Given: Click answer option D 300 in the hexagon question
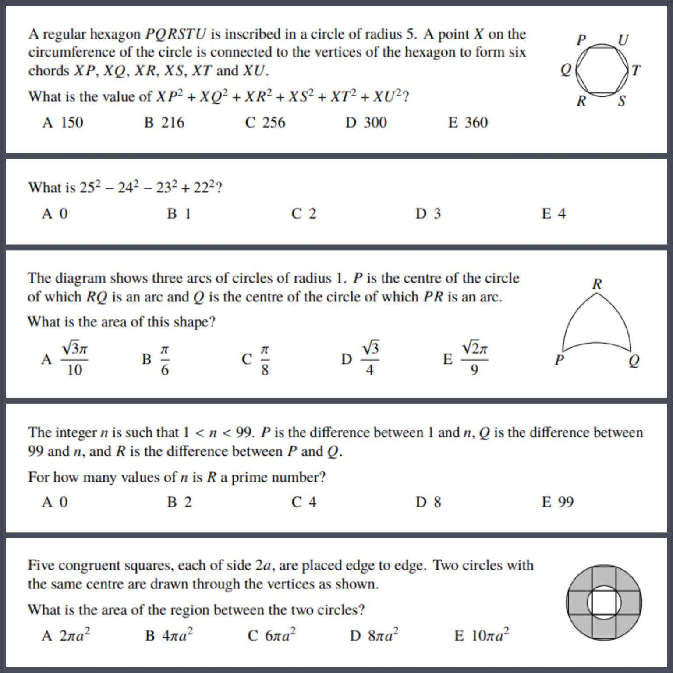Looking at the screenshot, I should pyautogui.click(x=366, y=123).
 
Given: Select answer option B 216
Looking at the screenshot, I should pyautogui.click(x=164, y=123).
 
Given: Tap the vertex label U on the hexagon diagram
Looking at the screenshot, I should pyautogui.click(x=623, y=40).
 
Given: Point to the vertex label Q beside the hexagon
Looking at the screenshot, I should pyautogui.click(x=566, y=70).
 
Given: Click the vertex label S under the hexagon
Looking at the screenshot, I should pyautogui.click(x=622, y=101).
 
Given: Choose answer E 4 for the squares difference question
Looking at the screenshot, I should pyautogui.click(x=554, y=214).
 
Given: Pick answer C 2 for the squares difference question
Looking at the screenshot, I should pyautogui.click(x=304, y=214).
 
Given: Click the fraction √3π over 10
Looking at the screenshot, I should pyautogui.click(x=74, y=359).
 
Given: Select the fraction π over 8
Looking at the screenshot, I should pyautogui.click(x=265, y=359).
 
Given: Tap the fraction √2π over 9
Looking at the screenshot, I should pyautogui.click(x=475, y=359).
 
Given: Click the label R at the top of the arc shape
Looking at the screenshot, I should pyautogui.click(x=597, y=284).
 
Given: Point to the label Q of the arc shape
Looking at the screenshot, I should pyautogui.click(x=634, y=361).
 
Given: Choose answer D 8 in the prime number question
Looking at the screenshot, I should pyautogui.click(x=429, y=502).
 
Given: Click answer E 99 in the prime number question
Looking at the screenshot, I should pyautogui.click(x=558, y=502).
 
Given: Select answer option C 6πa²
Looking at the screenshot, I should pyautogui.click(x=272, y=635).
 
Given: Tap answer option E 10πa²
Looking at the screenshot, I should pyautogui.click(x=482, y=635).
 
